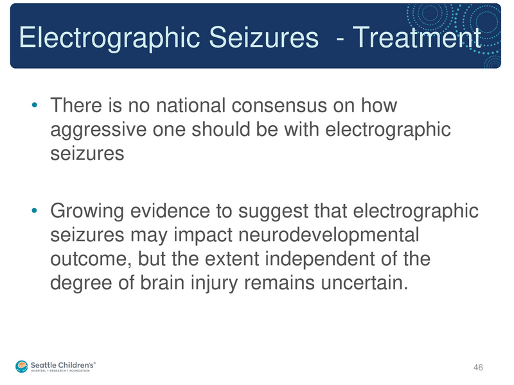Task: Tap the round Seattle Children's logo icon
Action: tap(22, 364)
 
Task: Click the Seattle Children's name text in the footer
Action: tap(64, 363)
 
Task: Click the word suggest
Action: tap(263, 210)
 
